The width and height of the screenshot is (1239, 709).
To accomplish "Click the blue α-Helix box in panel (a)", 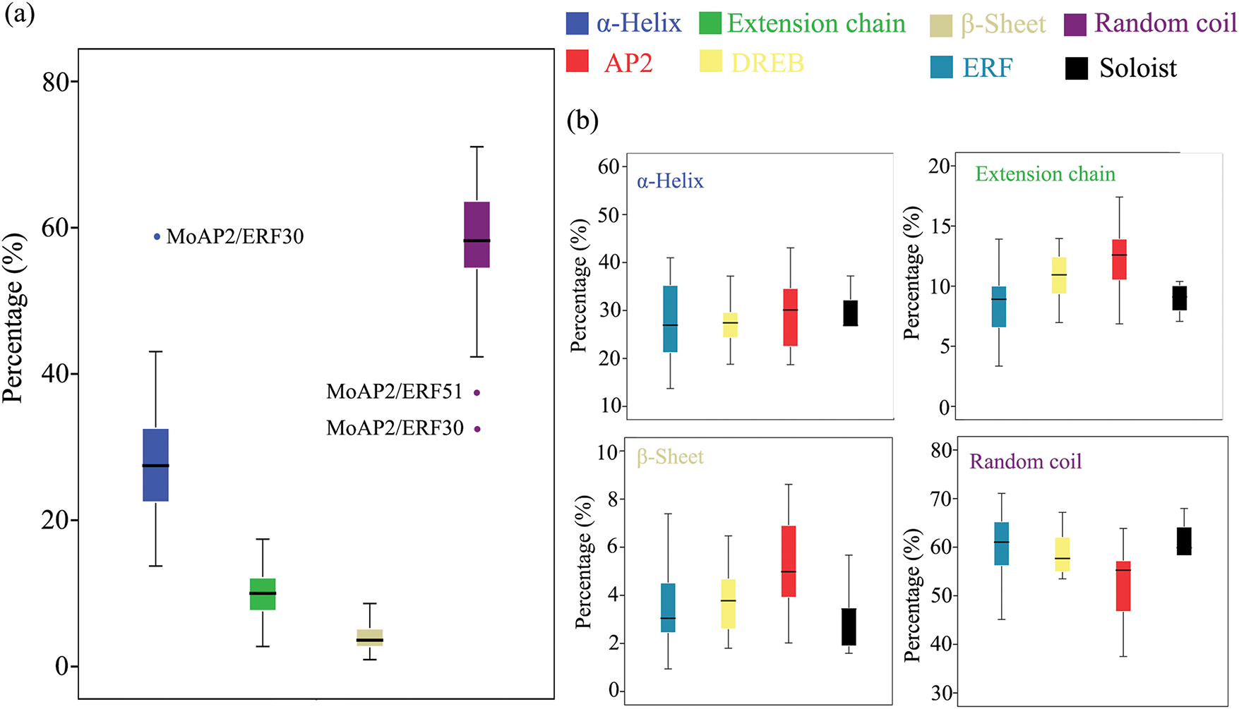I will click(155, 465).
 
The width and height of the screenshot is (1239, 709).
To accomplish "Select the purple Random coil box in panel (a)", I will click(477, 235).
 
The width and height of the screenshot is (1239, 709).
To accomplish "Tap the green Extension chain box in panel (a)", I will click(263, 594).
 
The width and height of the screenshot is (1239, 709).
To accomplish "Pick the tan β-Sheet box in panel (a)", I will click(369, 638).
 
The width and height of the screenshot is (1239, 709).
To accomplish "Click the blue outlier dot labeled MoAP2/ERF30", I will click(157, 236).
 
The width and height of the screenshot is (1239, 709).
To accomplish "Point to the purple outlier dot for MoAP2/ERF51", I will click(477, 392).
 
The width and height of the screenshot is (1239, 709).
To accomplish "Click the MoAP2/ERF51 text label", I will click(394, 392).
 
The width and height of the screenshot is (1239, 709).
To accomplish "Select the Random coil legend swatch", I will click(1075, 24).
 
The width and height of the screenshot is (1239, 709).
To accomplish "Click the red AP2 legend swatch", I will click(577, 61).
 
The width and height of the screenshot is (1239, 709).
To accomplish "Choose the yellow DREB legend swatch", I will click(710, 61).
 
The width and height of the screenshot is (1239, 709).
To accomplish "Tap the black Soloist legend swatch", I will click(1077, 68).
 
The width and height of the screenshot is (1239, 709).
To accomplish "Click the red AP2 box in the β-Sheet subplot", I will click(789, 562).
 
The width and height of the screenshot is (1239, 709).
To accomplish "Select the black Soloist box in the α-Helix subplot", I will click(851, 313).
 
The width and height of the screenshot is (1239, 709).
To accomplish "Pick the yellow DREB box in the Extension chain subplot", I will click(1059, 275).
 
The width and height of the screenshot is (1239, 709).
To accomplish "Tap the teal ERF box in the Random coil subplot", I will click(1001, 543).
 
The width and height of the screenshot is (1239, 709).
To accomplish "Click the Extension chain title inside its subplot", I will click(1045, 174).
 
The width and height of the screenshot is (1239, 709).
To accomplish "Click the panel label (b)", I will click(582, 121).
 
